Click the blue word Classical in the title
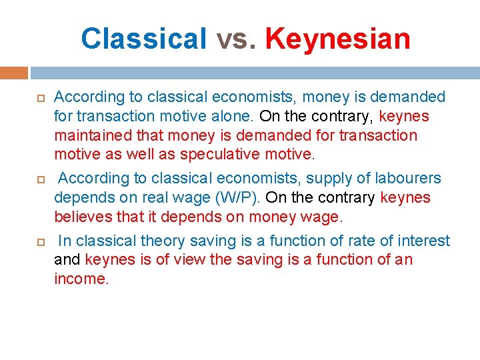coord(144,38)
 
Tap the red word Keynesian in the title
coord(337,38)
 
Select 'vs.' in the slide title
coord(236,38)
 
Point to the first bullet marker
coord(39,98)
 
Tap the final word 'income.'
coord(81,279)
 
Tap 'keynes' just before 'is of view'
coord(109,259)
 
